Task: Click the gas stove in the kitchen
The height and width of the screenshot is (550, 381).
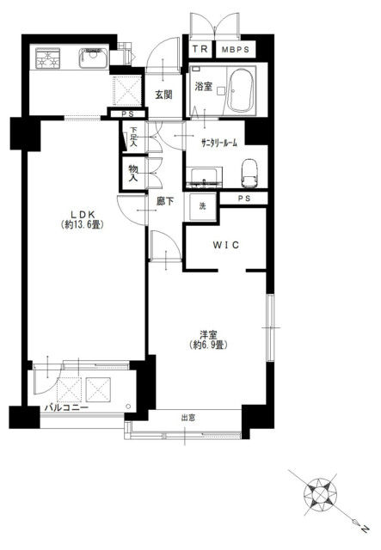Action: tap(47, 58)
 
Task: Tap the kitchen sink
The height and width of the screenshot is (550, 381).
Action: tap(93, 58)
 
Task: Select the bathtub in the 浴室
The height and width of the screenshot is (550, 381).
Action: tap(241, 90)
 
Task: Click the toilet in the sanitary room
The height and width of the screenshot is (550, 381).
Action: tap(249, 174)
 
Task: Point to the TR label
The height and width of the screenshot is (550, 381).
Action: tap(200, 49)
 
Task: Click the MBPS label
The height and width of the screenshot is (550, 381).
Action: tap(236, 50)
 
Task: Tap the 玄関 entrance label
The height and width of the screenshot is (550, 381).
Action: tap(163, 95)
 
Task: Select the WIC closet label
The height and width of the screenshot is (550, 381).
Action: tap(226, 245)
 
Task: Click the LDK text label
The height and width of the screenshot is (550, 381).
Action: tap(83, 214)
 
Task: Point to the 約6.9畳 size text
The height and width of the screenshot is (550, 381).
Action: tap(208, 345)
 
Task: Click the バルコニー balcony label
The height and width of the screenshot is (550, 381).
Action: tap(66, 407)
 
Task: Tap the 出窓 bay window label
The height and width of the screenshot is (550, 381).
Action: tap(188, 418)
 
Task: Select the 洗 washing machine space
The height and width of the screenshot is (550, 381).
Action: tap(203, 206)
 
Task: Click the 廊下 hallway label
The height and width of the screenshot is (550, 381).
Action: tap(164, 201)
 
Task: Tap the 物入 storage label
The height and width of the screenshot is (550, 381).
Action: tap(132, 174)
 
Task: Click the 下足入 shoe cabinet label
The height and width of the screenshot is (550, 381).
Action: tap(133, 136)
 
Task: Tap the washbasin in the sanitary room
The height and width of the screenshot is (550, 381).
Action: tap(204, 175)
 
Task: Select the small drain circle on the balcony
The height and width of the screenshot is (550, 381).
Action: tap(128, 406)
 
